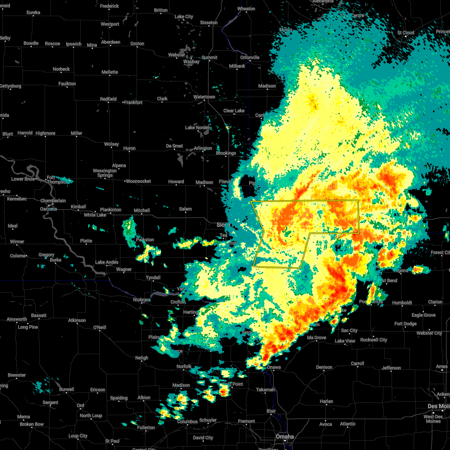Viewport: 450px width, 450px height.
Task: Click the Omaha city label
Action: [x=285, y=437]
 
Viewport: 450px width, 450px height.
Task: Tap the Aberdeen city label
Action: [x=111, y=42]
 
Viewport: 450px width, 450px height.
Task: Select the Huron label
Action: [x=129, y=148]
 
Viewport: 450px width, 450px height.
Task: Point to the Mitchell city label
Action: [x=142, y=211]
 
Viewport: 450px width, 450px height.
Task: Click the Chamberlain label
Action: [x=53, y=201]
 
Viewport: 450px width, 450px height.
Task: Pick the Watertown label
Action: [x=204, y=97]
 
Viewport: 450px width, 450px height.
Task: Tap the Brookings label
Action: [x=226, y=153]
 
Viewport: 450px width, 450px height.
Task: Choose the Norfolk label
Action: [x=184, y=366]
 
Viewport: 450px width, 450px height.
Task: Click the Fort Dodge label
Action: [x=405, y=324]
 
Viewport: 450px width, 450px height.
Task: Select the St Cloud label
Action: [x=406, y=33]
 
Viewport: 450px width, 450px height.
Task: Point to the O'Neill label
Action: [x=99, y=328]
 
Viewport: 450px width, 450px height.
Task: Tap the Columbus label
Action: [x=187, y=421]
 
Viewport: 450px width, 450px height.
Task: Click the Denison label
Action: [x=324, y=367]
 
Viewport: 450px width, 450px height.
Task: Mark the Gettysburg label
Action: [x=10, y=86]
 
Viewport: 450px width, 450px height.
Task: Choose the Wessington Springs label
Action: [x=105, y=173]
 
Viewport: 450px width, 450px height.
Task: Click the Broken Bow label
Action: [x=31, y=424]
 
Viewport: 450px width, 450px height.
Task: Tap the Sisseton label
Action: [x=208, y=23]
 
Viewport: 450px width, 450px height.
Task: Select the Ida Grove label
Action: [x=316, y=338]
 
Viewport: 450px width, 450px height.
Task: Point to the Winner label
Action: [x=17, y=242]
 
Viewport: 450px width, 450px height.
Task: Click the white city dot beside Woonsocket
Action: [x=124, y=181]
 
